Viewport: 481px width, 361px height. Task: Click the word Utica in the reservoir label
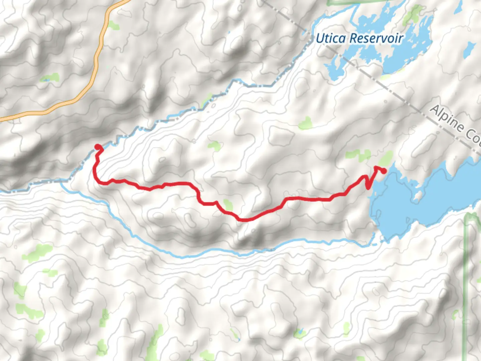(x=331, y=38)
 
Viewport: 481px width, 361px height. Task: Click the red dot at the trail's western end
(x=98, y=147)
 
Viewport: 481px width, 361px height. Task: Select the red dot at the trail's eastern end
(x=384, y=171)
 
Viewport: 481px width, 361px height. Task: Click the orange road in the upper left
(x=97, y=60)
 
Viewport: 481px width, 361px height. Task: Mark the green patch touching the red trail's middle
(x=228, y=205)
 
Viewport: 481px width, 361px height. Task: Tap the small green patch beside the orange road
(x=114, y=25)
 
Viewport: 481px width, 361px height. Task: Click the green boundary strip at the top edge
(x=344, y=3)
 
